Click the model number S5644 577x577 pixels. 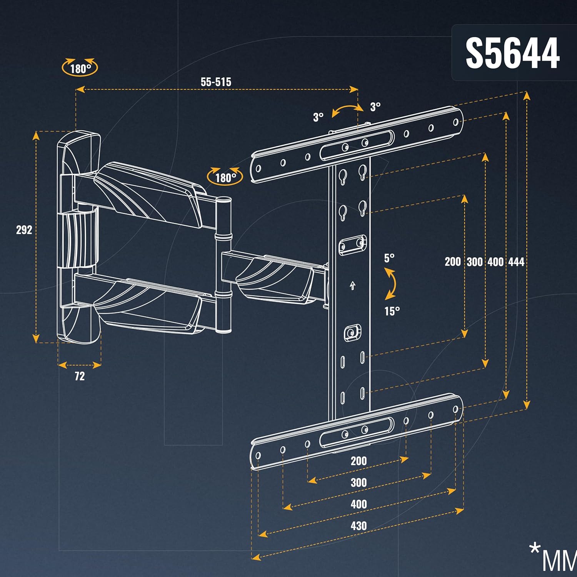[512, 53]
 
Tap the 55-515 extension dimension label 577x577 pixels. [216, 82]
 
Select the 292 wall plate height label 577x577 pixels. [24, 230]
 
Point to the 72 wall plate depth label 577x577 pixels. [80, 376]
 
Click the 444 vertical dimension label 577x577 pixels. [516, 262]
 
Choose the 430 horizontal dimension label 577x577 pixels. [359, 526]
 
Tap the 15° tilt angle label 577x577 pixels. [392, 311]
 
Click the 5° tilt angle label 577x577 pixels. [389, 258]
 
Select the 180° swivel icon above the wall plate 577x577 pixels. [80, 68]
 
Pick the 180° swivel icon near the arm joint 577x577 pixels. [225, 177]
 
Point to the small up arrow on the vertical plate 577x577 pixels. [352, 286]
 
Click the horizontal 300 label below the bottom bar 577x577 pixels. [359, 482]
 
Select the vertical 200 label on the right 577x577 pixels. [453, 262]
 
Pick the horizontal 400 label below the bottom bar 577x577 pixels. [359, 504]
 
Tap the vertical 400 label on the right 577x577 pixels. [495, 262]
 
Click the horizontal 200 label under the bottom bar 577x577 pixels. [359, 461]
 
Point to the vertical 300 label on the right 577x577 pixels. [474, 262]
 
